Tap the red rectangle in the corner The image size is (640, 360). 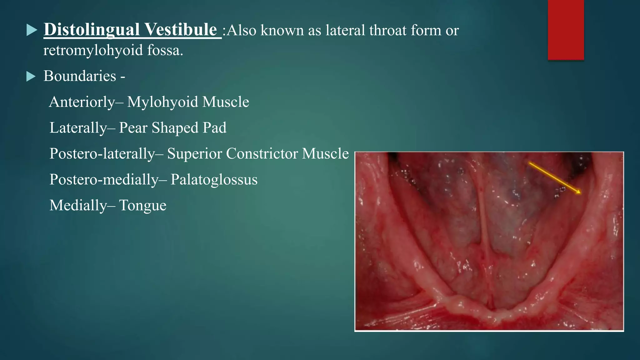click(x=566, y=30)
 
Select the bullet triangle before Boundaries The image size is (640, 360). click(x=31, y=76)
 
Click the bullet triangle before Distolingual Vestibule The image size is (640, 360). click(x=31, y=30)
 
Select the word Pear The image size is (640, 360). click(x=133, y=128)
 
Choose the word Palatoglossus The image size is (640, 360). click(x=214, y=180)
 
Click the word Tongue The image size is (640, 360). click(x=142, y=206)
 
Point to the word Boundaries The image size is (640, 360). click(x=80, y=76)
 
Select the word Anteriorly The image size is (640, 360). click(x=82, y=102)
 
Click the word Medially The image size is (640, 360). click(x=78, y=206)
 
